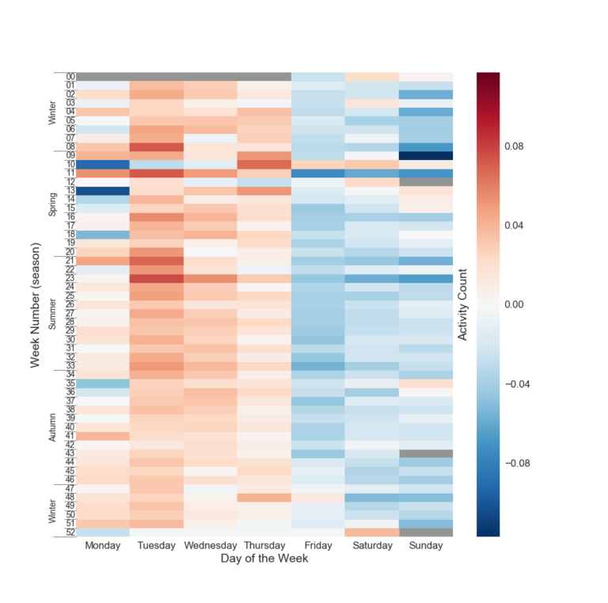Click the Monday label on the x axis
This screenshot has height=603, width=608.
coord(103,546)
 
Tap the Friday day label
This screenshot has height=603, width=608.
coord(318,546)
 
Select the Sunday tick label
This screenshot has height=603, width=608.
coord(426,546)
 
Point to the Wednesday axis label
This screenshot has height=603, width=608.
coord(210,546)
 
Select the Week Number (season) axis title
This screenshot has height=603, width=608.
coord(36,305)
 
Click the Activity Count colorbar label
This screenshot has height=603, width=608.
coord(463,305)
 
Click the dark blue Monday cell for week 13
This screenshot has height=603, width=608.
coord(103,191)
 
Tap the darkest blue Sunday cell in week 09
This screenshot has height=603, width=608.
coord(426,156)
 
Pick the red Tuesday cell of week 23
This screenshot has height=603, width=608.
coord(157,278)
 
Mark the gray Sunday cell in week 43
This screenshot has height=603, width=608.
coord(426,454)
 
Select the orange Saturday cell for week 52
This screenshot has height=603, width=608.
coord(372,532)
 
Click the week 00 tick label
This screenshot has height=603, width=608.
coord(70,77)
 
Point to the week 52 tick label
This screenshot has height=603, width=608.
coord(70,532)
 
